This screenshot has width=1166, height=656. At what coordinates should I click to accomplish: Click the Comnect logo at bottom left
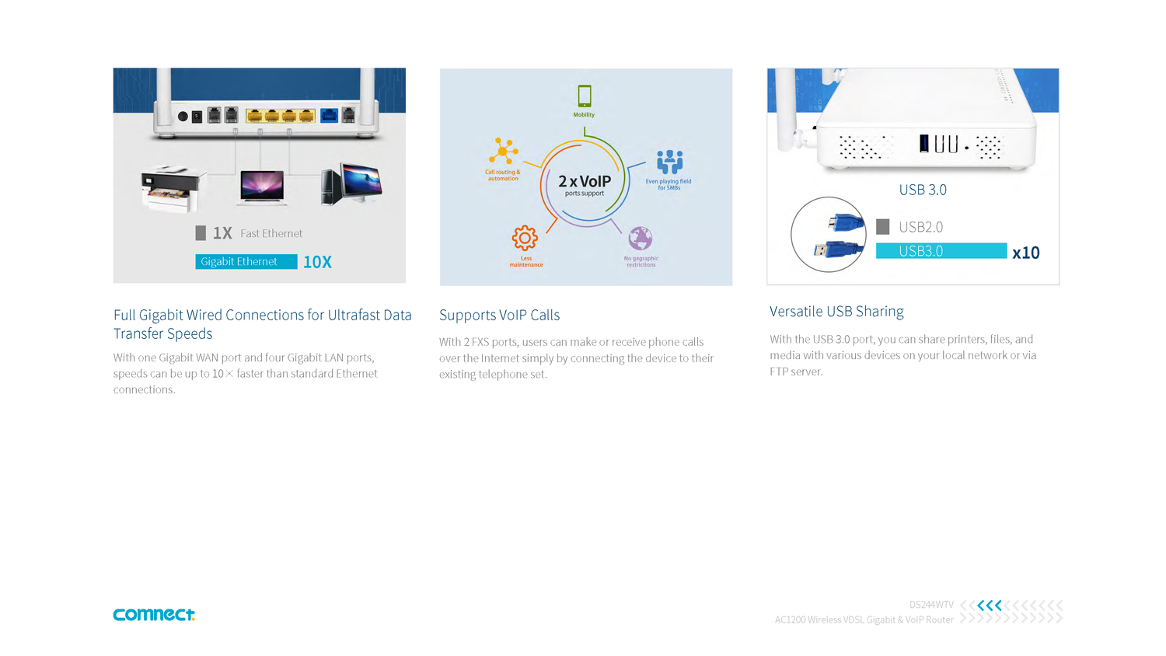(154, 614)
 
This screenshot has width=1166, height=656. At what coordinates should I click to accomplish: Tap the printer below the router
(172, 189)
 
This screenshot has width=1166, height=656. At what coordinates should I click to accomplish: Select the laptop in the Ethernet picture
(263, 187)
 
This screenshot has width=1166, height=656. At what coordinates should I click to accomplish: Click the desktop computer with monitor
(352, 183)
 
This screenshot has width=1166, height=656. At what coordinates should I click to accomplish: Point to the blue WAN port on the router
(329, 116)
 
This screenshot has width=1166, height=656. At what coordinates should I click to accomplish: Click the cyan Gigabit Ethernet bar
(246, 262)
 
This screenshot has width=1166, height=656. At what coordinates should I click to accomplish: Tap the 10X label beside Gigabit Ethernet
(317, 262)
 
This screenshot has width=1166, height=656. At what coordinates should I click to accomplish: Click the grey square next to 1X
(201, 233)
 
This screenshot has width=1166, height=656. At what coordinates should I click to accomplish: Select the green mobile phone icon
(585, 96)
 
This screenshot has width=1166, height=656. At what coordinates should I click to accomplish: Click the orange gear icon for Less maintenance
(525, 238)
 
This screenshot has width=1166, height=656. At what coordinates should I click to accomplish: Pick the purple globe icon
(641, 238)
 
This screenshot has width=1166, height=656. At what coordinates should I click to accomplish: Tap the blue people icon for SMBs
(669, 162)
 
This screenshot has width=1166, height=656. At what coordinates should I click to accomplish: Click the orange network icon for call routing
(504, 151)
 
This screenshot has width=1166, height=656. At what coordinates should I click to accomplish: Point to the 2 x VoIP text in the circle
(585, 182)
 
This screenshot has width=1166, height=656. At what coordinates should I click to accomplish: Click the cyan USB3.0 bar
(941, 251)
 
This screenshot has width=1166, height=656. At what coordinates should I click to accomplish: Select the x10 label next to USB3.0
(1025, 253)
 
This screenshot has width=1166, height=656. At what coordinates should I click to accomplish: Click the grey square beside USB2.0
(882, 227)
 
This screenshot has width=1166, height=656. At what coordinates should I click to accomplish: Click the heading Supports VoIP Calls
(499, 315)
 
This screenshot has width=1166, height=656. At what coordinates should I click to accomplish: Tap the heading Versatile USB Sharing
(836, 312)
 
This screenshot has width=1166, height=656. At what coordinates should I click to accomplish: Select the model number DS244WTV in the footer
(931, 605)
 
